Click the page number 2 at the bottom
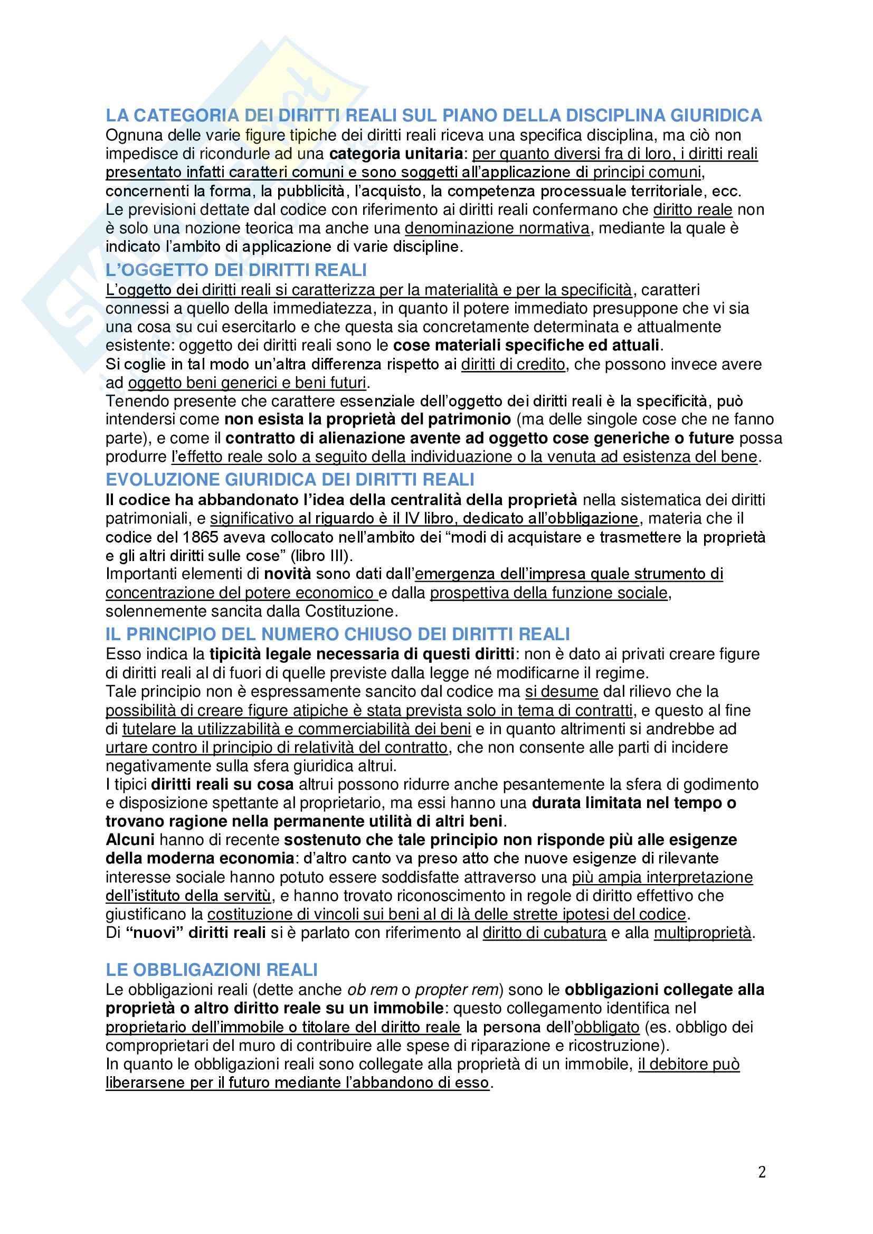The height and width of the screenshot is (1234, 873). [x=762, y=1172]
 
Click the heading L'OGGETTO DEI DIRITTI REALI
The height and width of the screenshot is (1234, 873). [x=236, y=269]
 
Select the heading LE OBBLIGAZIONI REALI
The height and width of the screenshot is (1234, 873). [x=212, y=970]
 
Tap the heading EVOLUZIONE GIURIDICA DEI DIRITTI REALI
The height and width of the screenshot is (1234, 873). [x=290, y=479]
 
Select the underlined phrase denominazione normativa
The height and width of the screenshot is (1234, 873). [x=497, y=229]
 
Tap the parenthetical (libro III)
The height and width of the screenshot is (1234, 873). [x=321, y=555]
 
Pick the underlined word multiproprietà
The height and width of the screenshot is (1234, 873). [x=703, y=933]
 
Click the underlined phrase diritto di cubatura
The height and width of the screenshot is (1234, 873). [x=545, y=933]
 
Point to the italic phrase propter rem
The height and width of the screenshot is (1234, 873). [x=457, y=990]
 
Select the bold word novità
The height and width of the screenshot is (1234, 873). [x=288, y=574]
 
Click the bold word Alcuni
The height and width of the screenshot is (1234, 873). [x=130, y=840]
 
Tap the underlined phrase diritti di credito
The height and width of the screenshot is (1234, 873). [x=514, y=364]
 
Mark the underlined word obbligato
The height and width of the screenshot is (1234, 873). [x=607, y=1027]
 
